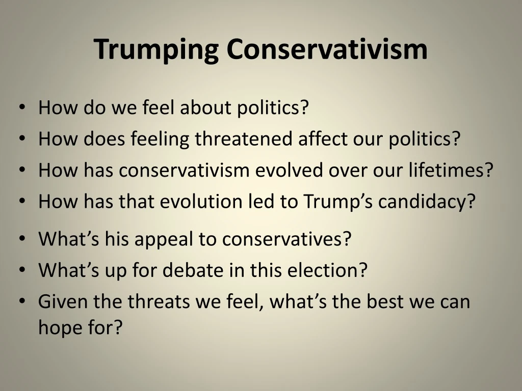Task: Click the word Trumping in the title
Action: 156,49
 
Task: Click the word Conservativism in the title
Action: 327,49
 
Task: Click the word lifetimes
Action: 450,170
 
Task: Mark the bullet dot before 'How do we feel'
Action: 22,107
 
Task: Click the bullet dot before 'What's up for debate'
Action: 22,270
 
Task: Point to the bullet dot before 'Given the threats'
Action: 22,301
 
